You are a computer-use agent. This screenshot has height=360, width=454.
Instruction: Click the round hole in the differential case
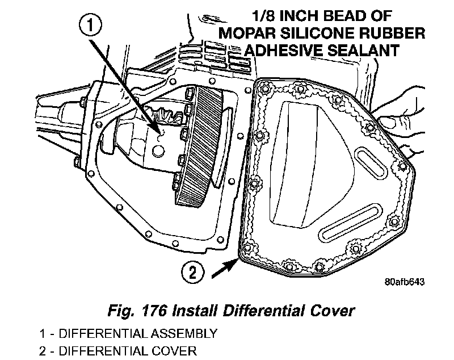[158, 152]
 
